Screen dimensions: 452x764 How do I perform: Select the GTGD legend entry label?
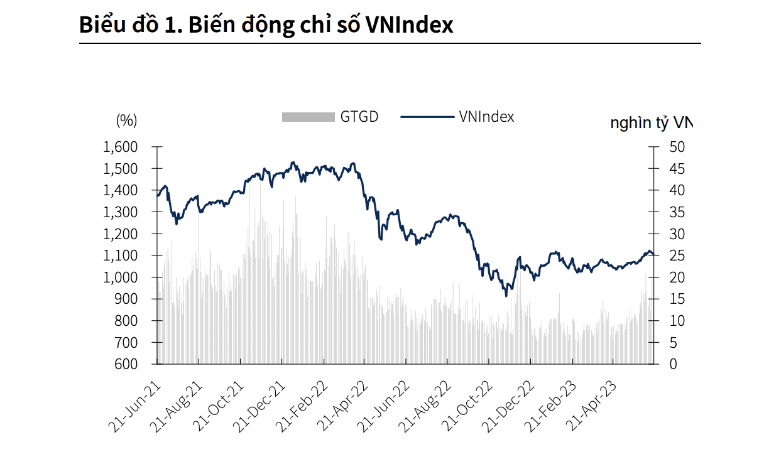(359, 116)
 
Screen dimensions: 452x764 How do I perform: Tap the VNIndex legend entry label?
(486, 116)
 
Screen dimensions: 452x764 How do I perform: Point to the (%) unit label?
(126, 120)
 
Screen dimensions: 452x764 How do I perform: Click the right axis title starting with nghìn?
(651, 122)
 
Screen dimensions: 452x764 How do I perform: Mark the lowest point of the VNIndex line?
(506, 296)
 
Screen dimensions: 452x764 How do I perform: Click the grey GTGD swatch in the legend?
(308, 117)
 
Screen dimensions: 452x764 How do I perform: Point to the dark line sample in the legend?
(427, 117)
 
